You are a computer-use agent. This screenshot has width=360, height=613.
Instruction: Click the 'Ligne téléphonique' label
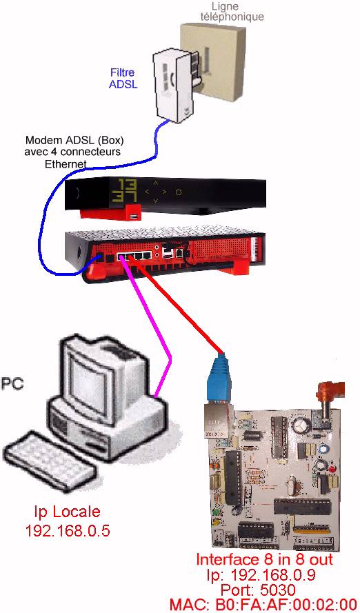tap(232, 11)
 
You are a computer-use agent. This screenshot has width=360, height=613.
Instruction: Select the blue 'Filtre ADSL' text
tap(123, 78)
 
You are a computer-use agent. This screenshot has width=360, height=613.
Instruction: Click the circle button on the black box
tap(178, 192)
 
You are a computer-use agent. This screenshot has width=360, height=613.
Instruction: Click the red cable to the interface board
tap(181, 308)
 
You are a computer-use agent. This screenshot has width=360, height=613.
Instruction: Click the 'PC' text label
tap(12, 383)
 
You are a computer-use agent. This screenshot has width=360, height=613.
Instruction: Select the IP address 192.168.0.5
tap(68, 530)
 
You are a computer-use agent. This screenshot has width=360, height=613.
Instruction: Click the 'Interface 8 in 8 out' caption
tap(264, 559)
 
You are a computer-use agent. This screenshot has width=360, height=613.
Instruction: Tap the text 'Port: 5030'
tap(259, 589)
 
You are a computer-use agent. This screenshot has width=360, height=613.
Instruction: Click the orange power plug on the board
tap(330, 395)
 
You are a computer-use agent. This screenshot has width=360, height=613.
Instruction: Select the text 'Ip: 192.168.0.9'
tap(261, 574)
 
